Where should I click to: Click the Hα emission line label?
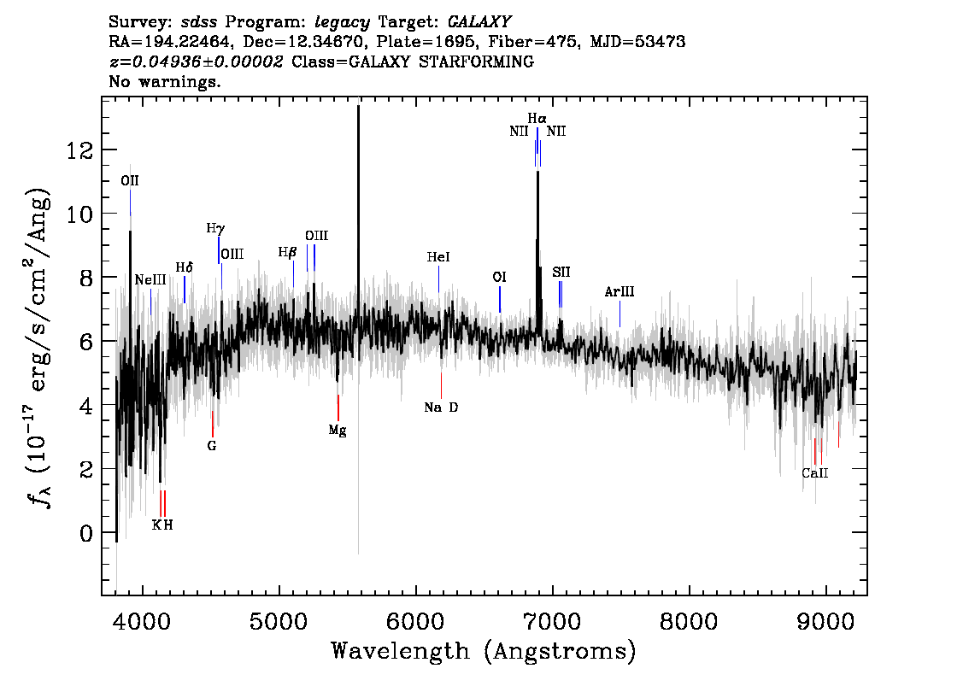pos(537,118)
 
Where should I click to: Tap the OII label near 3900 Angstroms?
pos(130,180)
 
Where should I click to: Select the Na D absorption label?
pos(441,408)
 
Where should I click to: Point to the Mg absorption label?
pos(338,430)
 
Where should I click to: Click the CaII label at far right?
pos(814,473)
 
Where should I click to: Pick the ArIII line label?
pos(620,291)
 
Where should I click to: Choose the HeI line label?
pos(438,257)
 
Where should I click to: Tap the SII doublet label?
pos(561,272)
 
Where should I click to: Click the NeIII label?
pos(150,280)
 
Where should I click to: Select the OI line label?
pos(499,278)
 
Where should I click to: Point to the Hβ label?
pos(287,252)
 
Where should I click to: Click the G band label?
pos(212,445)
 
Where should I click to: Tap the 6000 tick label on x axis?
pos(415,622)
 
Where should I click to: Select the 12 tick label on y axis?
pos(79,150)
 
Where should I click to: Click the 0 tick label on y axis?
pos(86,533)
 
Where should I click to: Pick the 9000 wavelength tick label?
pos(825,622)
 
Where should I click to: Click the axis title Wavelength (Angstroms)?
pos(484,652)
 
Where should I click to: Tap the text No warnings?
pos(164,81)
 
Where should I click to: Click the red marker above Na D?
pos(441,385)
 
